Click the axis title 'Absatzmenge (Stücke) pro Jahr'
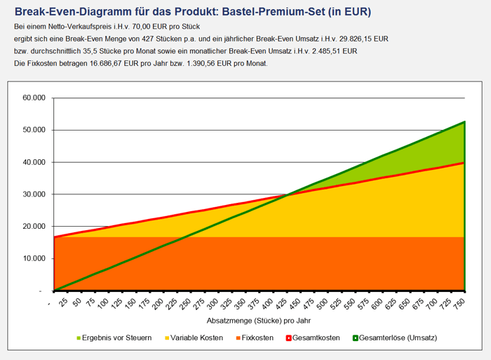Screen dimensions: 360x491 coord(258,321)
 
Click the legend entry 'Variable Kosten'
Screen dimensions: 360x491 coord(193,338)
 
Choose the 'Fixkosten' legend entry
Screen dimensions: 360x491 coord(254,338)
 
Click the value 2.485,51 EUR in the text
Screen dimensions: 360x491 coord(328,51)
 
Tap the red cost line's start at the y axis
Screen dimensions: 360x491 coord(54,237)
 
